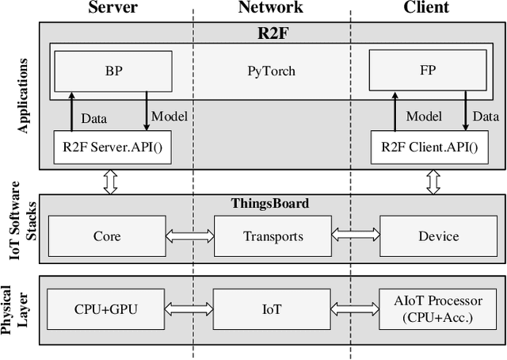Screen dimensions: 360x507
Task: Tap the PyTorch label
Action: (270, 71)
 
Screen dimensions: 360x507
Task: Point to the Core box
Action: (107, 236)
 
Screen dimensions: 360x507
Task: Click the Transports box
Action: (273, 236)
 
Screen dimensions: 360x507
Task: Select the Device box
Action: (438, 236)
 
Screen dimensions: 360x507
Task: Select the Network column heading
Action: (270, 8)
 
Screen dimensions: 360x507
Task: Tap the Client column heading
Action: (426, 8)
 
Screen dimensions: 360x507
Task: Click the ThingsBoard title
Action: (270, 203)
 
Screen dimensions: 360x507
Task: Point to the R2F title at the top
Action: (270, 33)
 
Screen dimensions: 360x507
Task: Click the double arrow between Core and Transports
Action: (190, 236)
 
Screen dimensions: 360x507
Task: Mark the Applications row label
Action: (22, 95)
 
